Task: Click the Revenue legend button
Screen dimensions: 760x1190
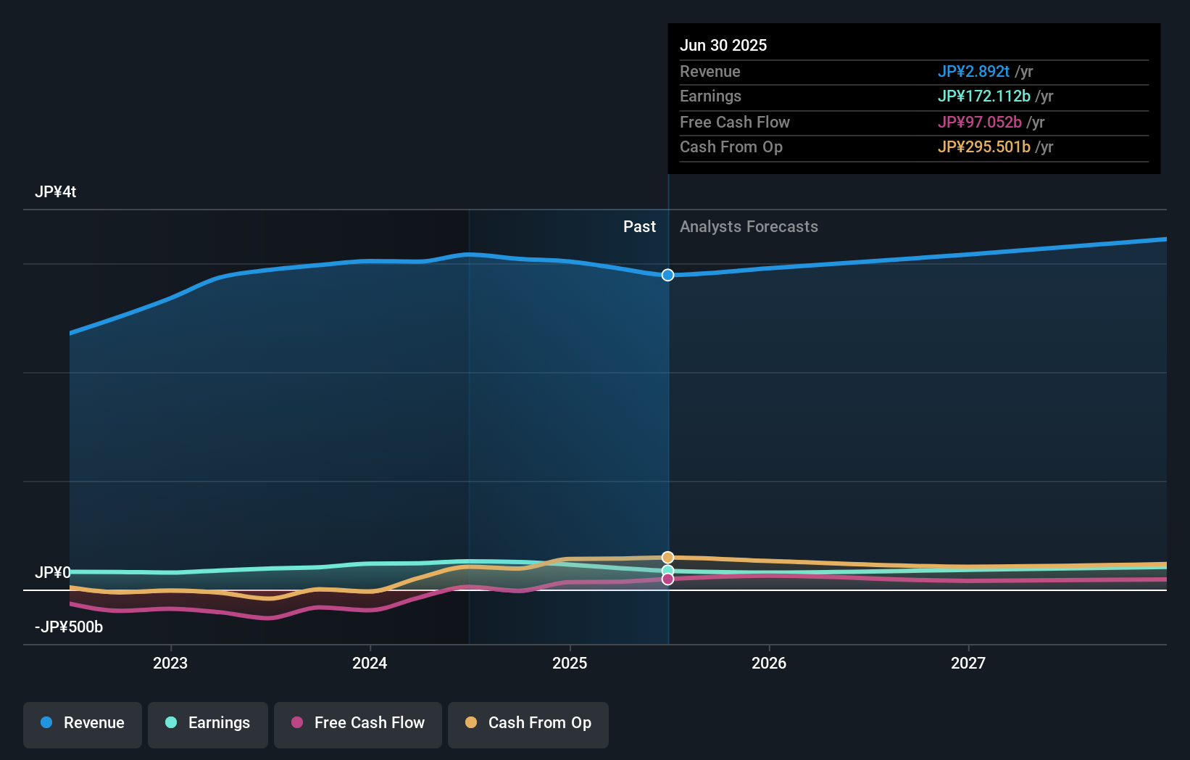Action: (x=83, y=723)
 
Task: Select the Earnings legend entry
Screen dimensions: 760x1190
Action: (x=208, y=723)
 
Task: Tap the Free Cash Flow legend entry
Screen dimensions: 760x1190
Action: (x=358, y=723)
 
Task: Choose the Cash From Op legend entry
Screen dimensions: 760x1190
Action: (x=528, y=723)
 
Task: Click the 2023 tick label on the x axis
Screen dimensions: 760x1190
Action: (x=170, y=663)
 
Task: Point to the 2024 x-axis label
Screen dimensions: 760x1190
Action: (x=370, y=663)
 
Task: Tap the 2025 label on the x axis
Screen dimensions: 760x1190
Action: (x=570, y=663)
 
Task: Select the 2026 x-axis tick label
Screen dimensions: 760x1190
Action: (x=769, y=663)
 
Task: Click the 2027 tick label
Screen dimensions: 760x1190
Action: (x=968, y=663)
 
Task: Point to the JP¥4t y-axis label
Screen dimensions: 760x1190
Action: (x=56, y=192)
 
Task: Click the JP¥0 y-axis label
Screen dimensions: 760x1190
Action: (x=53, y=572)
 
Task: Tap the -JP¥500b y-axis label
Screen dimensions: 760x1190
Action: (x=69, y=627)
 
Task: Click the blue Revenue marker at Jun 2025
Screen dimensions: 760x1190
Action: (x=667, y=275)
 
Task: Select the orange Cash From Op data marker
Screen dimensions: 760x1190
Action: (x=667, y=557)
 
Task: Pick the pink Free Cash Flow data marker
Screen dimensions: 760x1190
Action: (x=667, y=579)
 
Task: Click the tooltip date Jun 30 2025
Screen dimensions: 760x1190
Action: (x=723, y=45)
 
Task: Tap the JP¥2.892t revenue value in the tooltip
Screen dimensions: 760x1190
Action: (x=973, y=71)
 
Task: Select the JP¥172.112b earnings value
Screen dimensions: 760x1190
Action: (x=983, y=96)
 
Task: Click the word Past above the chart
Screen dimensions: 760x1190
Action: (x=639, y=227)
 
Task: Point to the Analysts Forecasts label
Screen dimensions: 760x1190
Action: (x=749, y=227)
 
